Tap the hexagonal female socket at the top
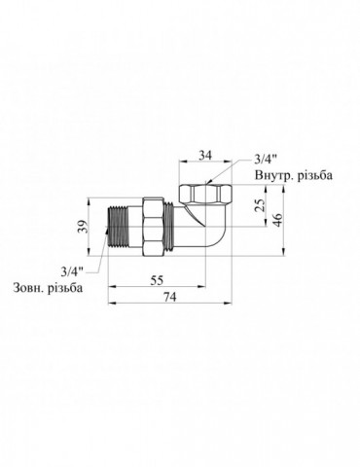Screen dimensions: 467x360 [x=200, y=188]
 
